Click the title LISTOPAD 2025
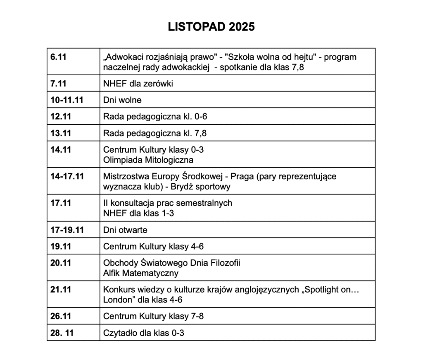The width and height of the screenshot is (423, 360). click(211, 27)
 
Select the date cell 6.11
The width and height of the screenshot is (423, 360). click(59, 57)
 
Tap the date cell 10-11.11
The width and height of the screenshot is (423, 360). click(67, 100)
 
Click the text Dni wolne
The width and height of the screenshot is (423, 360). click(122, 100)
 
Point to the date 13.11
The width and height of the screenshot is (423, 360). click(61, 133)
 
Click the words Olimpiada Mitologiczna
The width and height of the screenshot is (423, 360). click(148, 160)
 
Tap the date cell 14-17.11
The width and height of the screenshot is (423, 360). click(67, 177)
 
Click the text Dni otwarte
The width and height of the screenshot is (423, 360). click(125, 230)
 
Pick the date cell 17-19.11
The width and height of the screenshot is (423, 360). click(67, 230)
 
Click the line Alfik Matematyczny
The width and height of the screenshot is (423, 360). click(140, 273)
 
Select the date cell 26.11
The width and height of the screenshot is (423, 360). click(61, 317)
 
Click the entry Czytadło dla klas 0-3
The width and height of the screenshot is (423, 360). click(143, 333)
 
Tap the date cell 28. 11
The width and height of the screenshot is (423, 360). click(62, 333)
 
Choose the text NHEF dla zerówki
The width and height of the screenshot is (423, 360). click(138, 84)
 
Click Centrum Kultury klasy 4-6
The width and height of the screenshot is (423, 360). click(153, 247)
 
